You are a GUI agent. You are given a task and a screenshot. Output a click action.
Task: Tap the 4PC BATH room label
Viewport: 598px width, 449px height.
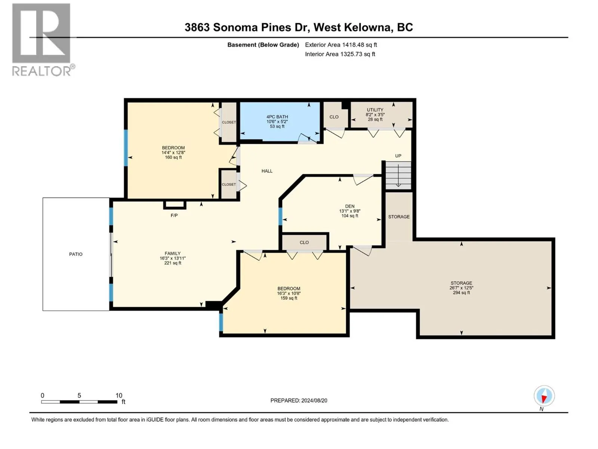(277, 117)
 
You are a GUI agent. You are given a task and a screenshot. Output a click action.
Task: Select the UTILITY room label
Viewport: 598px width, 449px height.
(375, 110)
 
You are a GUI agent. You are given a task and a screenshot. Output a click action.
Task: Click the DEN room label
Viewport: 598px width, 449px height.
(350, 207)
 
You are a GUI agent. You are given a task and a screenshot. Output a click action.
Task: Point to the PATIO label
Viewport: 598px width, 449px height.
(76, 254)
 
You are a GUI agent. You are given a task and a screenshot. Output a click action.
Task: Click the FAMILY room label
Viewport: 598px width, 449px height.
(172, 253)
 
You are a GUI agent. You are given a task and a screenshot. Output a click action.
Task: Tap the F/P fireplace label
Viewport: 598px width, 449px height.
(174, 216)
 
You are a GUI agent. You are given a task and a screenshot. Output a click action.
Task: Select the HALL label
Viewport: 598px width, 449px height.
(267, 171)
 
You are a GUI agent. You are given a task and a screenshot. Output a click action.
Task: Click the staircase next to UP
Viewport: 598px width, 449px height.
(398, 175)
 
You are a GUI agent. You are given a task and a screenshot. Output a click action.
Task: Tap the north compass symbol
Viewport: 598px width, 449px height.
(544, 396)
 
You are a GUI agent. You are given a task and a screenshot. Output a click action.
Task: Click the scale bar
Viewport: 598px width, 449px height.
(79, 402)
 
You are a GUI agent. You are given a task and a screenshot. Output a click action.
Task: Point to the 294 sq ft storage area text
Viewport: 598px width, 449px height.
(461, 293)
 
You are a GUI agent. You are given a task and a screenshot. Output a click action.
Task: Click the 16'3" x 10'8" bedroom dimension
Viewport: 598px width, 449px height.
(289, 293)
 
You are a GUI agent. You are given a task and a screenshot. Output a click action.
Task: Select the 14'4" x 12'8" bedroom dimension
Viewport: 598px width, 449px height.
(173, 152)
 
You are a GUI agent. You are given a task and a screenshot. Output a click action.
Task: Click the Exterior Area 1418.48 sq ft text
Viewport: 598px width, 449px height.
(341, 45)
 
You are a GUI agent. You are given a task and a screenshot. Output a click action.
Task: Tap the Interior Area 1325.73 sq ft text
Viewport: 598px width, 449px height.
(340, 54)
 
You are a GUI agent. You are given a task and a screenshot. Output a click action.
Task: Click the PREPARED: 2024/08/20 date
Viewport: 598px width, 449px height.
(299, 400)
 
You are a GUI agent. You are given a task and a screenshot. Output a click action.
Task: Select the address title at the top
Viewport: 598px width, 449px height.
(299, 27)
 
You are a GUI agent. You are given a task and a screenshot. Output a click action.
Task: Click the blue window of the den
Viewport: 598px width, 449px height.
(280, 217)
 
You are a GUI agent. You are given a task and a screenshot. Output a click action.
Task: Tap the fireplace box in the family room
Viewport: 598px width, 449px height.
(175, 205)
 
